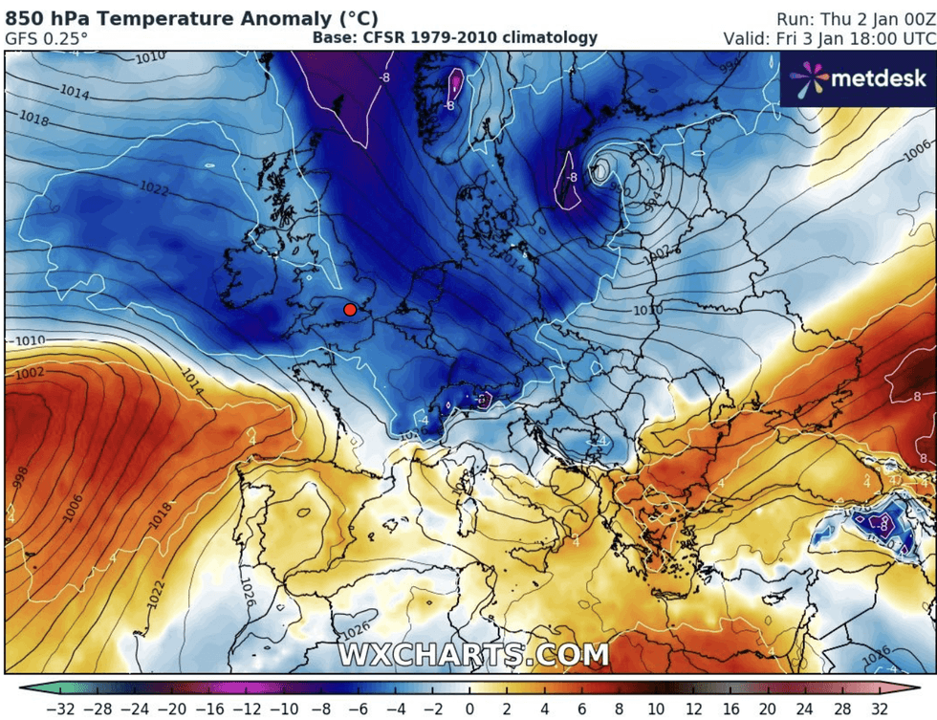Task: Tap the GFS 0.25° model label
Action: [x=46, y=38]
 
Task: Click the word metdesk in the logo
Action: [x=878, y=78]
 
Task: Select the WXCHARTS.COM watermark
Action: [x=472, y=655]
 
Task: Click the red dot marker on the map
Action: [x=350, y=309]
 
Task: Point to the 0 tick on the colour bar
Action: [x=468, y=709]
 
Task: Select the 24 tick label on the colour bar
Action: [x=804, y=709]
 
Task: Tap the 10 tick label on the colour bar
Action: [x=655, y=709]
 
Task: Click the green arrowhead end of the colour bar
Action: [x=24, y=687]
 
